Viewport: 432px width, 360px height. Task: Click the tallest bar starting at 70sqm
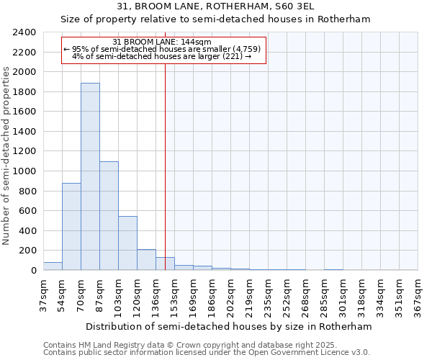[x=90, y=176]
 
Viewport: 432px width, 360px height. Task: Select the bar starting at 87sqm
[x=109, y=216]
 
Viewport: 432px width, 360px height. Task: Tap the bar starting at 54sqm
[x=71, y=227]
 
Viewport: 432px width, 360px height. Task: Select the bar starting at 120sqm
[x=146, y=260]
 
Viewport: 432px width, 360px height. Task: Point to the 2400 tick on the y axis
[x=24, y=32]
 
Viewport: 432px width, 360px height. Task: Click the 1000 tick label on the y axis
[x=24, y=171]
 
